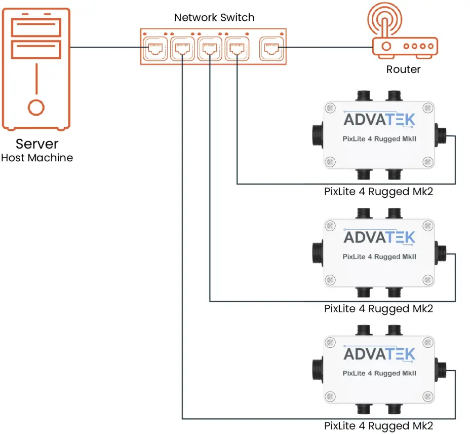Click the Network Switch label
tap(214, 18)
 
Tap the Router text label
tap(403, 69)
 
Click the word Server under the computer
tap(37, 143)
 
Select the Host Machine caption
tap(37, 158)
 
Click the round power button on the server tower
tap(36, 107)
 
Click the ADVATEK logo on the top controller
tap(379, 119)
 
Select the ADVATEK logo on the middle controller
tap(379, 237)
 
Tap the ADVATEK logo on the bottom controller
tap(379, 353)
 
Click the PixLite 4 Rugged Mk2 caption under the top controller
tap(379, 192)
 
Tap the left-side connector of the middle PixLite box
tap(316, 254)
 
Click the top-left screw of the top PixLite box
tap(330, 108)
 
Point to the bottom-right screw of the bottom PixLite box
tap(428, 395)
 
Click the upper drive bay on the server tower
tap(36, 27)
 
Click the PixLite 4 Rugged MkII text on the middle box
tap(379, 257)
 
